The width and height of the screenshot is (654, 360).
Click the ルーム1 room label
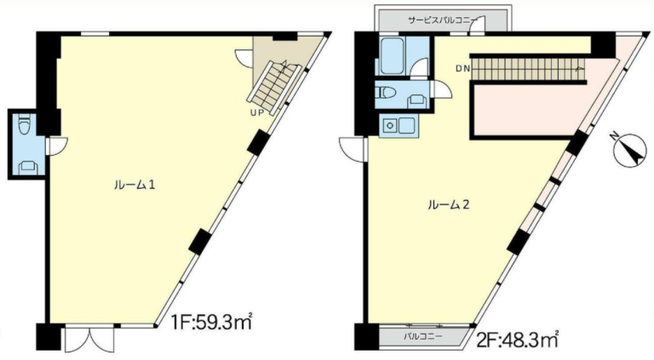pos(135,185)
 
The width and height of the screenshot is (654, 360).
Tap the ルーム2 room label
pos(449,204)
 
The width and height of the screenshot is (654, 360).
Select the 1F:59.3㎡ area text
pos(212,322)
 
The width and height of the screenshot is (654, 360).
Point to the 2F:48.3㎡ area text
pos(517,340)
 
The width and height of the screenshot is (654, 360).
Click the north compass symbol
pos(630,151)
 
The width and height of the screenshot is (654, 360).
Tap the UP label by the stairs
pos(257,112)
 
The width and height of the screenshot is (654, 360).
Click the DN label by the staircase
pos(462,69)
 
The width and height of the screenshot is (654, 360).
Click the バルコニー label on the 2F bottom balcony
pos(423,336)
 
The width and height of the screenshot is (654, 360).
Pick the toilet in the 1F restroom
pos(25,125)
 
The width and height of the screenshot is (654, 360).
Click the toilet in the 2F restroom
pos(386,92)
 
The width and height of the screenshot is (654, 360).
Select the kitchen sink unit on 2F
pos(399,125)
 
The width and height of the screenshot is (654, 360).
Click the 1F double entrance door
pos(89,338)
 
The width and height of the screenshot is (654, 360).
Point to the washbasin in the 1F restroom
pos(28,168)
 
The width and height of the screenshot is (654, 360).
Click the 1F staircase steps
pos(274,88)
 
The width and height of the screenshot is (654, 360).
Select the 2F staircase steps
pos(528,69)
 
